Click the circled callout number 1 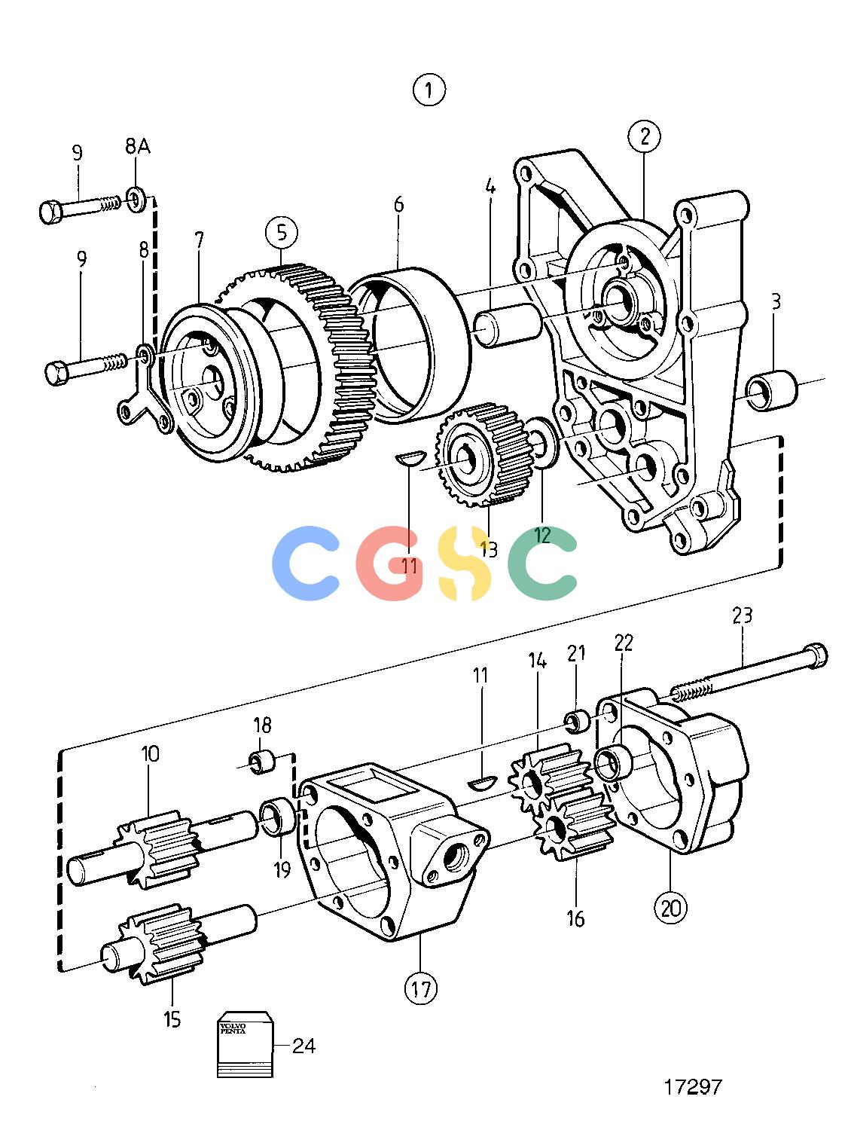pos(429,90)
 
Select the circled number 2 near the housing pos(645,136)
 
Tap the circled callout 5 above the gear pos(282,233)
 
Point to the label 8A pos(138,147)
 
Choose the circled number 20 pos(670,909)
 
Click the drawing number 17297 pos(693,1086)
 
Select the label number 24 pos(304,1046)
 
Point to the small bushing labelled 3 pos(771,389)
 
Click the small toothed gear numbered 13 pos(484,454)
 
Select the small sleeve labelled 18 pos(262,762)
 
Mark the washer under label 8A pos(136,197)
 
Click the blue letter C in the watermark pos(306,563)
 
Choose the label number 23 pos(742,615)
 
